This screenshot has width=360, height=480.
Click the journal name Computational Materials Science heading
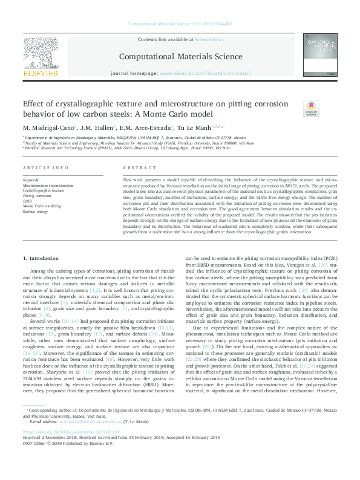(x=180, y=56)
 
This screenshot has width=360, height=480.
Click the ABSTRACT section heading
(x=135, y=168)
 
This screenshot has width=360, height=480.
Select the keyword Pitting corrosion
(x=38, y=196)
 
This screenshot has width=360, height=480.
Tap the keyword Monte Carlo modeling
(x=42, y=207)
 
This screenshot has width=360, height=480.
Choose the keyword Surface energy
(x=36, y=212)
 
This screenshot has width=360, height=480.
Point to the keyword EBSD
(x=28, y=201)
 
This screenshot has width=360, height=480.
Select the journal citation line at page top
(x=180, y=24)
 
